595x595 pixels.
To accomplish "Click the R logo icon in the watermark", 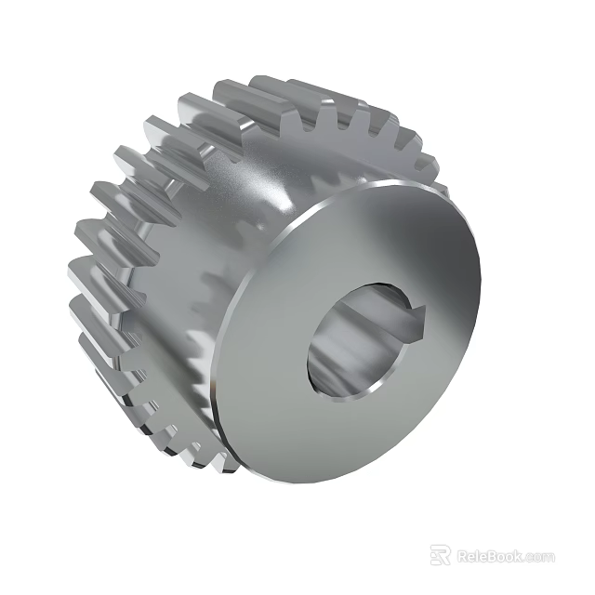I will coord(441,556).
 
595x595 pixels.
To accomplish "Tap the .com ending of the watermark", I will coord(540,558).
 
